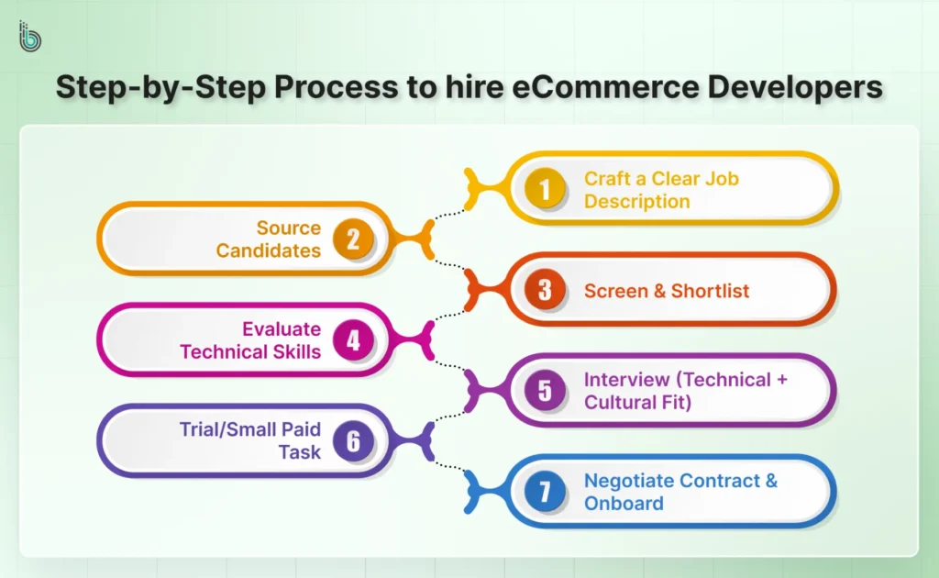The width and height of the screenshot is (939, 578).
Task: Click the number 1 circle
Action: coord(545,189)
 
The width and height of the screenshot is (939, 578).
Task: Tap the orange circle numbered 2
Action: coord(352,239)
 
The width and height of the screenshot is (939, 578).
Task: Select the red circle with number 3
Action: coord(545,290)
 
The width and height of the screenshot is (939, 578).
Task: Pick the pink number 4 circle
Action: coord(352,340)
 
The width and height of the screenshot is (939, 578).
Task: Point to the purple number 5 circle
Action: coord(545,391)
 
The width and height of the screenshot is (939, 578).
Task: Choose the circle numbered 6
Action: coord(352,441)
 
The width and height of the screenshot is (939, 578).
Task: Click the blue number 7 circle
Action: coord(545,492)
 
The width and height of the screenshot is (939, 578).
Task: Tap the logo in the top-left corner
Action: coord(30,38)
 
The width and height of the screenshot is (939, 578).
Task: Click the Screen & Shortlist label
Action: coord(667,291)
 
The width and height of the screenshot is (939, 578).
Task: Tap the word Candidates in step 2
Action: coord(269,250)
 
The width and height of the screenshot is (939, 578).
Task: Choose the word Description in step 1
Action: coord(636,201)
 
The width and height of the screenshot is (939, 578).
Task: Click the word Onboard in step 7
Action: coord(624,503)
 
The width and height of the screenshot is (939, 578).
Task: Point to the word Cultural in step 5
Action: coord(619,402)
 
